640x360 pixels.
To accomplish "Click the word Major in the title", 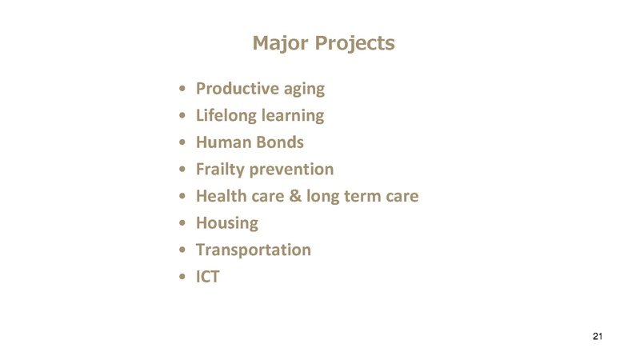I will coord(277,42).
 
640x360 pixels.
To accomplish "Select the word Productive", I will coord(235,88).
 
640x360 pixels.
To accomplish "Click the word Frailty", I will coord(222,170).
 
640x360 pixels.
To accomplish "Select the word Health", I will coord(222,195).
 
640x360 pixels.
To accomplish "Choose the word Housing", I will coord(227,223).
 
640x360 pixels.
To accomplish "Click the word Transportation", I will coord(254,250).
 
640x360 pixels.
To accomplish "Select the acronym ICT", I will coord(208,276).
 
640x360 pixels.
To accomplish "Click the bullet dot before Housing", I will coord(185,223).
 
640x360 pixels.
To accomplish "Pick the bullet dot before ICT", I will coord(185,277).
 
